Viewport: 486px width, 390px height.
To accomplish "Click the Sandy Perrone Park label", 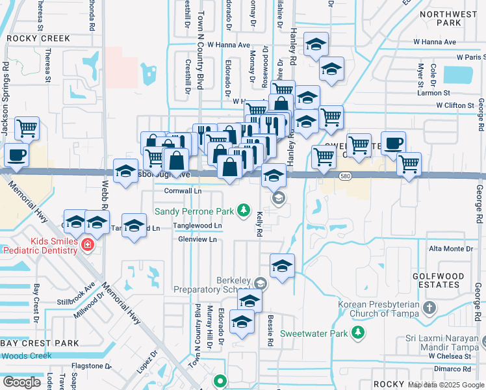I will point(194,212).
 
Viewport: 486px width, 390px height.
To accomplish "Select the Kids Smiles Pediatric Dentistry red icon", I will point(87,245).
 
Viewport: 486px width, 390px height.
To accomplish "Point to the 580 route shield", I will point(344,176).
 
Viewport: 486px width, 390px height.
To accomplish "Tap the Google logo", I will point(21,382).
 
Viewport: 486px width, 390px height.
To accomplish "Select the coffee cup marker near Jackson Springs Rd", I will point(16,155).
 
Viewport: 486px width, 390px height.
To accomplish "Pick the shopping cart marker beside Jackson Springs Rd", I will point(27,129).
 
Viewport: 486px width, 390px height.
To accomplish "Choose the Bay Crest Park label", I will point(40,343).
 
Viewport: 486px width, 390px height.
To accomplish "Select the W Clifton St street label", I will point(455,105).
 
